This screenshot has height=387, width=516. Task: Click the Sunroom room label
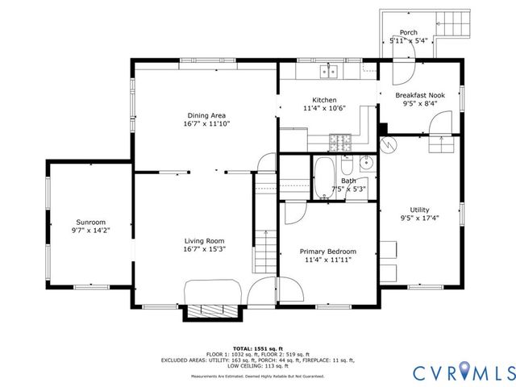click(x=91, y=222)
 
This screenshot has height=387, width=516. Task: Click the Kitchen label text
click(x=313, y=99)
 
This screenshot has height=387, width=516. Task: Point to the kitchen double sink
click(x=328, y=72)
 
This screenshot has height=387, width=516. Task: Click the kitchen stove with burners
click(x=340, y=144)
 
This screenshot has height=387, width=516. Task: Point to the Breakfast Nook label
click(x=419, y=94)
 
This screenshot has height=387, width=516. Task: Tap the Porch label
click(x=409, y=32)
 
